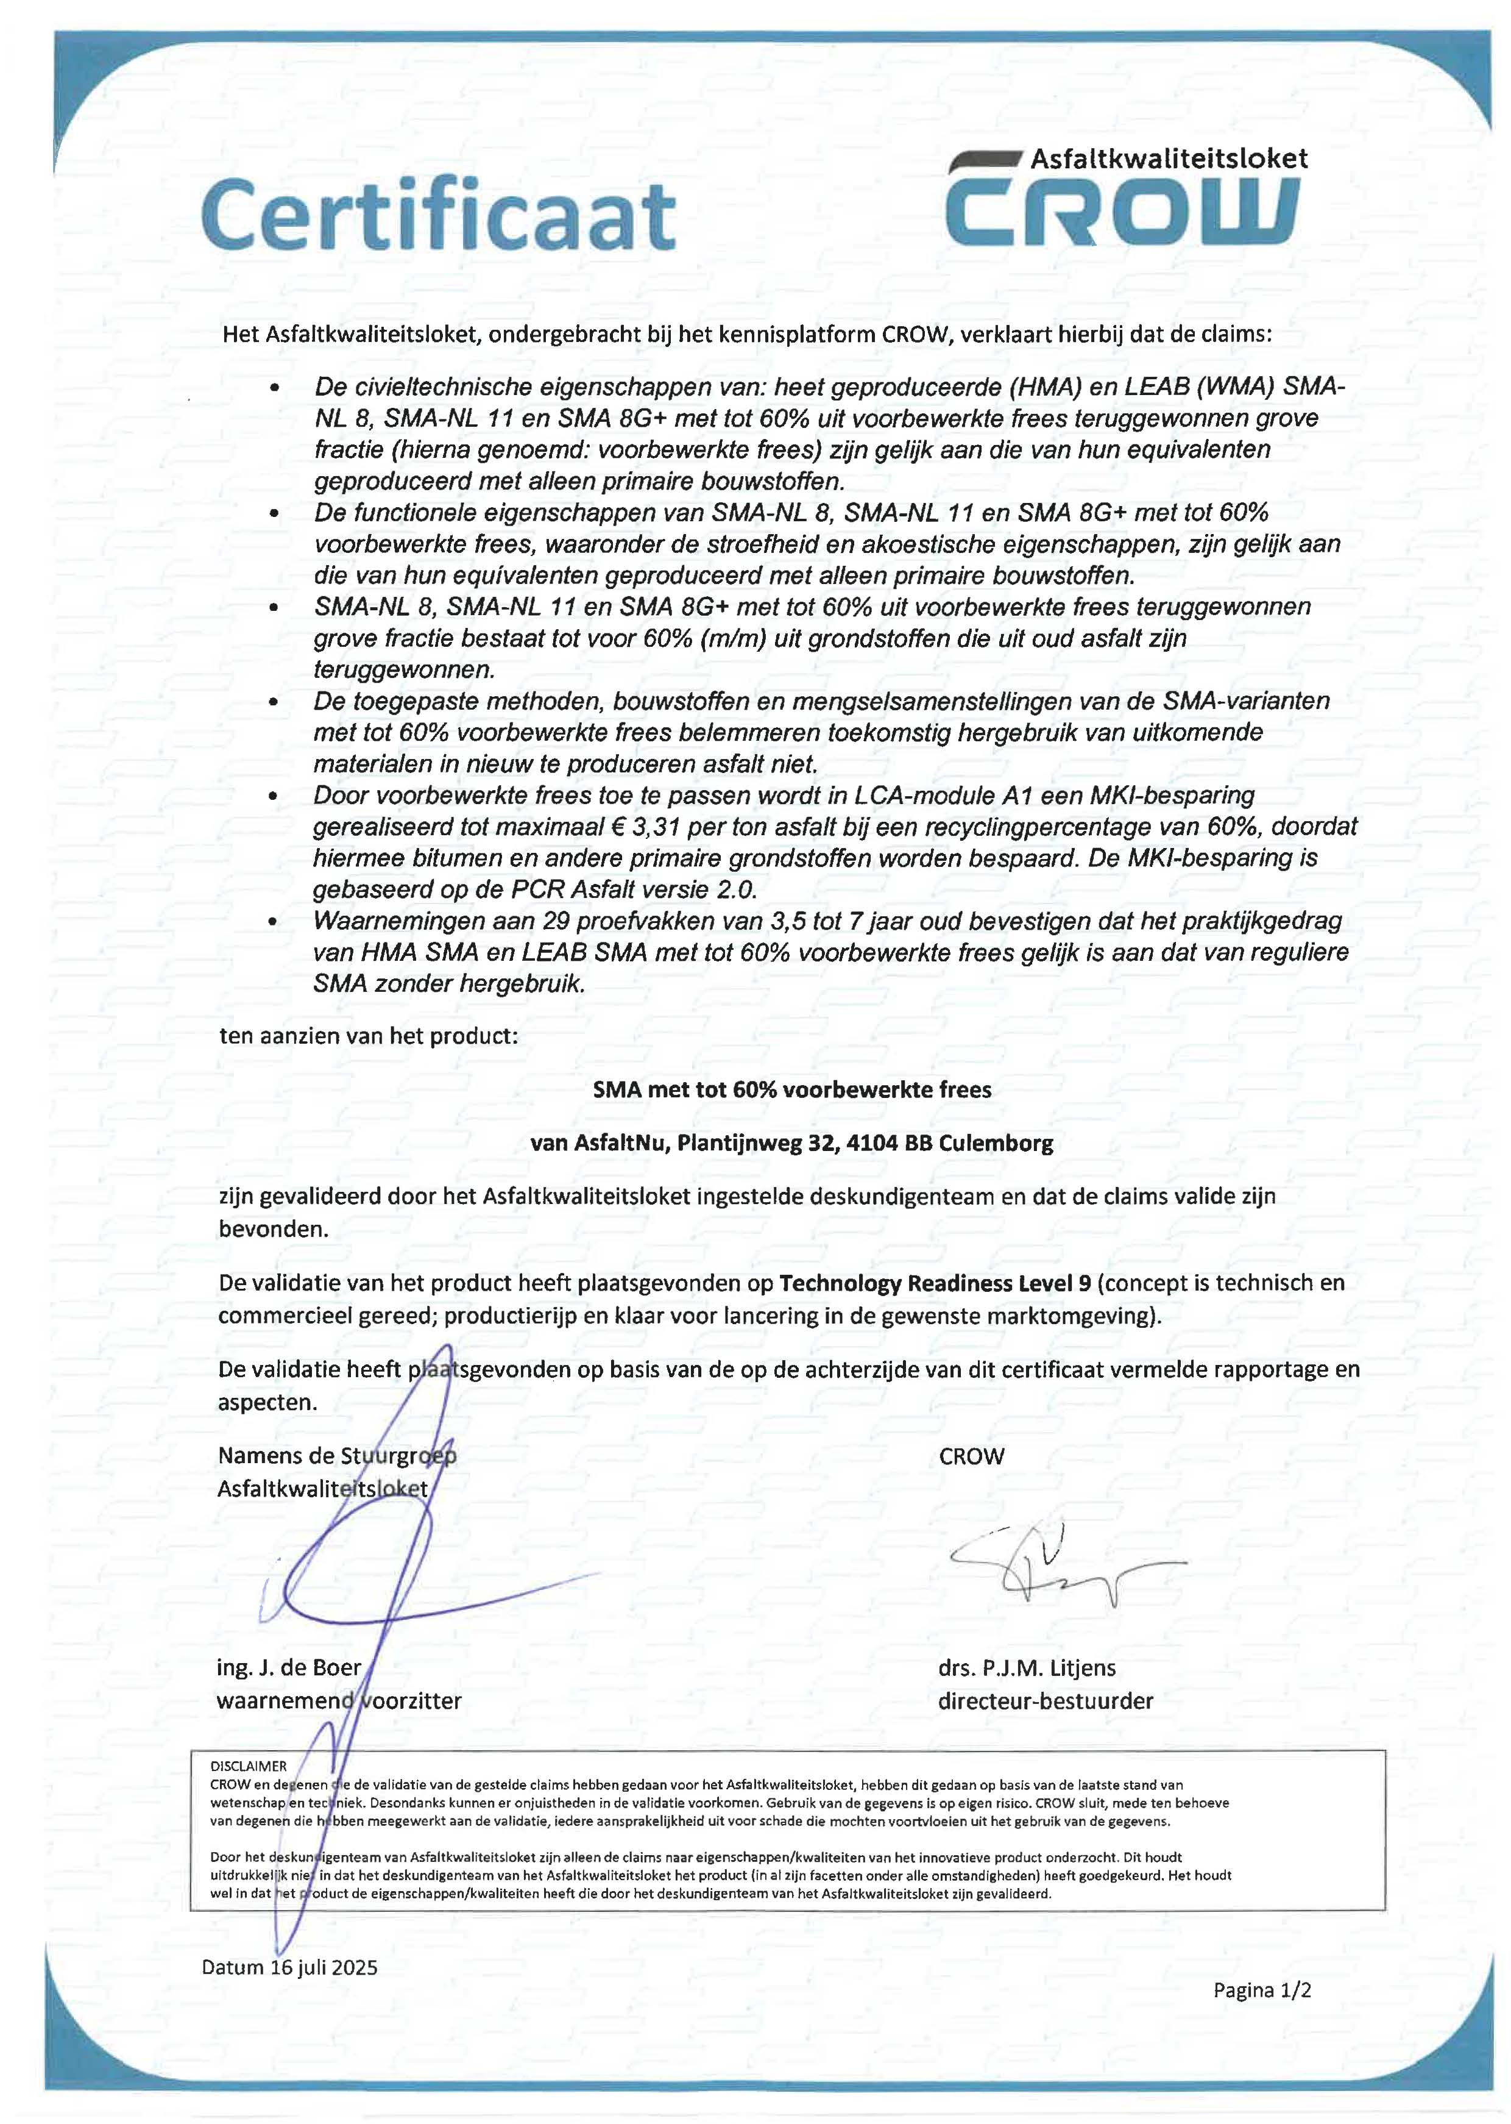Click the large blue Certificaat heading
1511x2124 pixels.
438,216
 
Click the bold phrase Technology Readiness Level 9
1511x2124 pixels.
935,1283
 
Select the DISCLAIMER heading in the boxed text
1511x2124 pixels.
249,1766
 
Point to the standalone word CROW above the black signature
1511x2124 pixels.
971,1456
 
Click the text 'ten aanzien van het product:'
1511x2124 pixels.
369,1035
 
